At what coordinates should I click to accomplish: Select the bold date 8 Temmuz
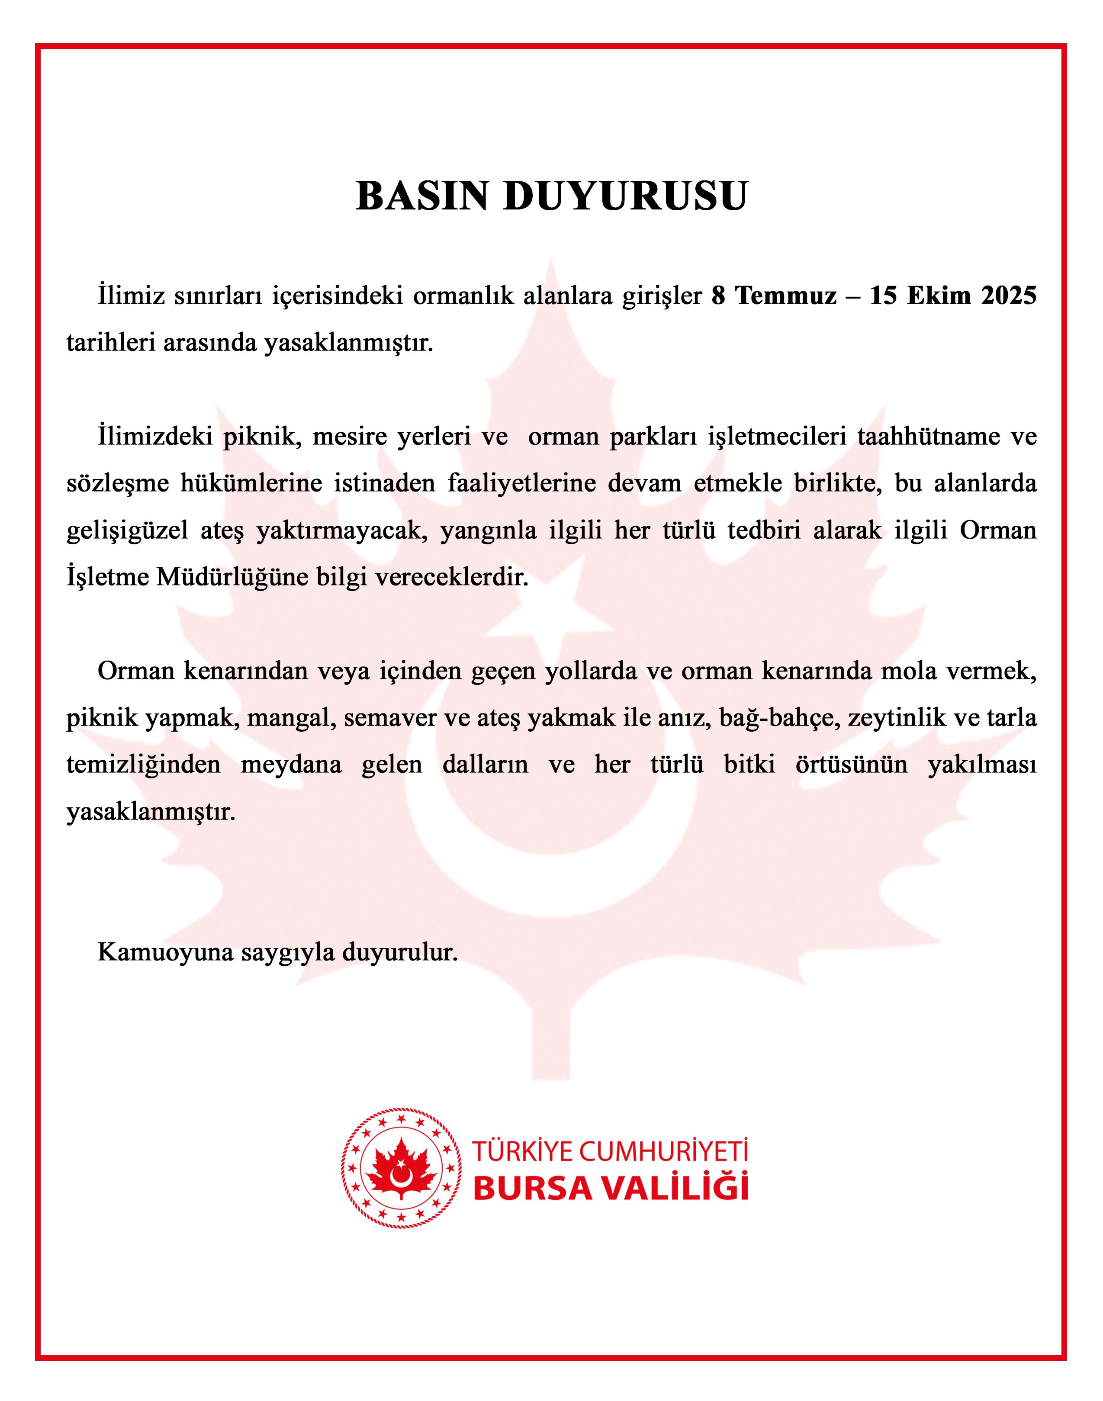(774, 296)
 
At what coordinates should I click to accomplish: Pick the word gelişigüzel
(127, 531)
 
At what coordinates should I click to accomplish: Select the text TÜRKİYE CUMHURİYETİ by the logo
(610, 1151)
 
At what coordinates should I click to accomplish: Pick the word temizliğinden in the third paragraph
(143, 765)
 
